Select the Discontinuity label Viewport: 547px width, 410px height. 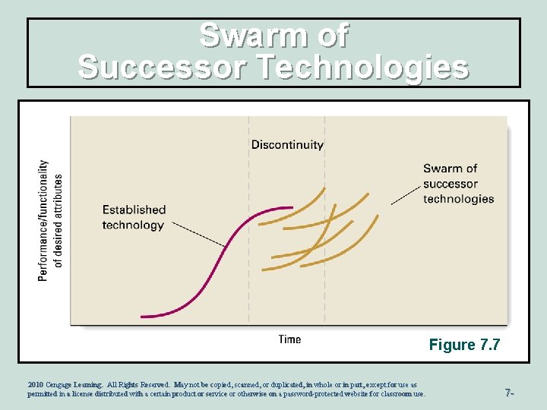(287, 144)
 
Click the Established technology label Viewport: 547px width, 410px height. (134, 217)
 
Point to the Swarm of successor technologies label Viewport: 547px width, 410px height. (458, 184)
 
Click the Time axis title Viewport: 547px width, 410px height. (289, 339)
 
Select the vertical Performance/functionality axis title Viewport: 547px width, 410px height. (50, 220)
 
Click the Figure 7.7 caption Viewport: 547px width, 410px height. (464, 345)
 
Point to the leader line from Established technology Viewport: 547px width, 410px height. (198, 235)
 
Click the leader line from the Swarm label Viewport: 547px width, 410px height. (406, 194)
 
